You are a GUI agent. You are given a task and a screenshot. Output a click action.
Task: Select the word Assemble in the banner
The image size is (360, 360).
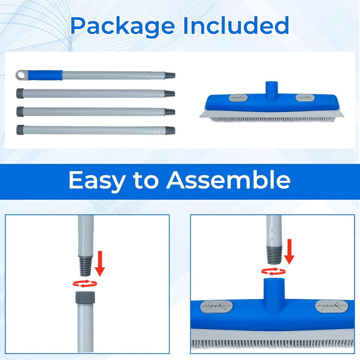pyautogui.click(x=228, y=180)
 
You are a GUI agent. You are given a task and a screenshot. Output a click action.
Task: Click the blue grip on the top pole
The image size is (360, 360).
pyautogui.click(x=45, y=75)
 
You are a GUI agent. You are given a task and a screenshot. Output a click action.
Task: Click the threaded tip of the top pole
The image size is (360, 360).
pyautogui.click(x=170, y=75)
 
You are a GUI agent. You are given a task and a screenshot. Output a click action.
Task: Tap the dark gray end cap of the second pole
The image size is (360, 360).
pyautogui.click(x=20, y=94)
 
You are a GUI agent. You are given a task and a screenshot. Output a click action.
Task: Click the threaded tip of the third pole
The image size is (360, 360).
pyautogui.click(x=170, y=112)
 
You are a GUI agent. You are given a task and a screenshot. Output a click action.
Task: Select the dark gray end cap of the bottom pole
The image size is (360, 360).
pyautogui.click(x=20, y=130)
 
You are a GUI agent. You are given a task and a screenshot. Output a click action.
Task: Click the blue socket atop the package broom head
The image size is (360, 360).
pyautogui.click(x=272, y=88)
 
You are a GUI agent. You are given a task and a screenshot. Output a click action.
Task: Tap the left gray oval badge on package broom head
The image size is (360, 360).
pyautogui.click(x=238, y=98)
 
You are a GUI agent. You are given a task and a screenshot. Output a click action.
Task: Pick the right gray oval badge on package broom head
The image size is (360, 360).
pyautogui.click(x=305, y=98)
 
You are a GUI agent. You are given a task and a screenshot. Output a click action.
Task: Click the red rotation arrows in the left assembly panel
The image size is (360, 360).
pyautogui.click(x=85, y=284)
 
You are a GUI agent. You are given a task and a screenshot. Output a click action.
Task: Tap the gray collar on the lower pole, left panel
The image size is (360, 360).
pyautogui.click(x=85, y=297)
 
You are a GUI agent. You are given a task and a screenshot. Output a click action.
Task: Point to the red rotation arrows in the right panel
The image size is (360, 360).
pyautogui.click(x=274, y=272)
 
